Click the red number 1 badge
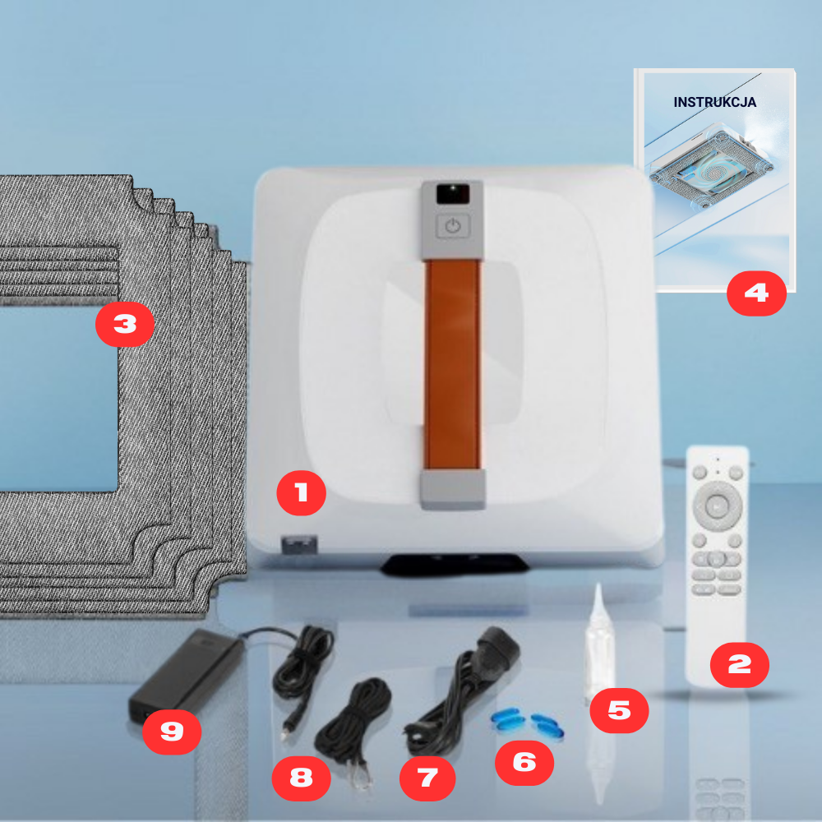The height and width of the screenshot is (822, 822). point(301,492)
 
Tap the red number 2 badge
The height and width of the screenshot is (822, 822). point(739,665)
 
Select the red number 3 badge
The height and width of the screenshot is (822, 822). point(125,324)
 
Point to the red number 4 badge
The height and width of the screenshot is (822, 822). point(756,293)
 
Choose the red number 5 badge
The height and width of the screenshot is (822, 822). point(619,710)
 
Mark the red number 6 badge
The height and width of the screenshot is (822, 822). point(524,762)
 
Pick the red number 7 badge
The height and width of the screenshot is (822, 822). point(427,778)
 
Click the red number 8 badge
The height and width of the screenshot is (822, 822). point(301,778)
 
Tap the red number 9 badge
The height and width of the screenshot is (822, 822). point(172,732)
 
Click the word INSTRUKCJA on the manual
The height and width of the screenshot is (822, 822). point(714,102)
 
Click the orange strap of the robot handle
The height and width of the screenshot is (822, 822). point(452,364)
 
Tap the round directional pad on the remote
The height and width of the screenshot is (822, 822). point(717,506)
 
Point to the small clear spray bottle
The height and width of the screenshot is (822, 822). point(598,642)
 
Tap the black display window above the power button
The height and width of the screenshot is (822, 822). point(453,194)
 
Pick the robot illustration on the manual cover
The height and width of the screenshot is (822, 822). point(711,165)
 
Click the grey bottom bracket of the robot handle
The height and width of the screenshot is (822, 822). point(452,488)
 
